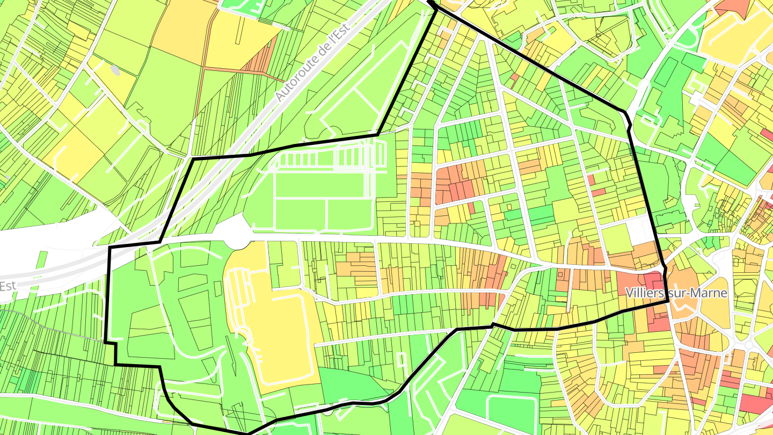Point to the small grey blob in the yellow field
[115, 70]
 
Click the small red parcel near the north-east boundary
[514, 77]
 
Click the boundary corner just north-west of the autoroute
[193, 159]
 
